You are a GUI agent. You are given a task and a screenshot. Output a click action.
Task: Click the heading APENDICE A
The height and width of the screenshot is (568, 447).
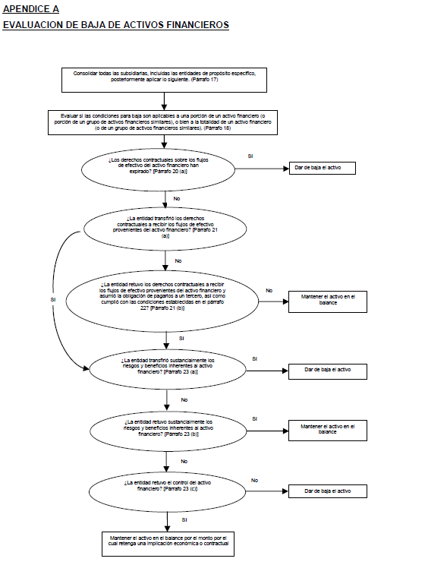tap(31, 9)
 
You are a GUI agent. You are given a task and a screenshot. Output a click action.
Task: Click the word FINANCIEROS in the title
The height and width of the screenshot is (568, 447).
tap(197, 25)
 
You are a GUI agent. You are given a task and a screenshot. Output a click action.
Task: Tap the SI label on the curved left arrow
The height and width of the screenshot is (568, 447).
tap(53, 300)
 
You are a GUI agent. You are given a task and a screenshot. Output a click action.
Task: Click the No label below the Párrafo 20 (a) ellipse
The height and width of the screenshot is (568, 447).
tap(177, 199)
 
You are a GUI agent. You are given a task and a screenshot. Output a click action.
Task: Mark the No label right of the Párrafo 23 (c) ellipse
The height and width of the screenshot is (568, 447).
tap(255, 481)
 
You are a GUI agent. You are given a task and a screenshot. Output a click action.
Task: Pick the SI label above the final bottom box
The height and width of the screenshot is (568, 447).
tap(184, 520)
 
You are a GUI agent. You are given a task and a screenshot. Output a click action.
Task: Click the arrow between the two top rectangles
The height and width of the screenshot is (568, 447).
tap(165, 102)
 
